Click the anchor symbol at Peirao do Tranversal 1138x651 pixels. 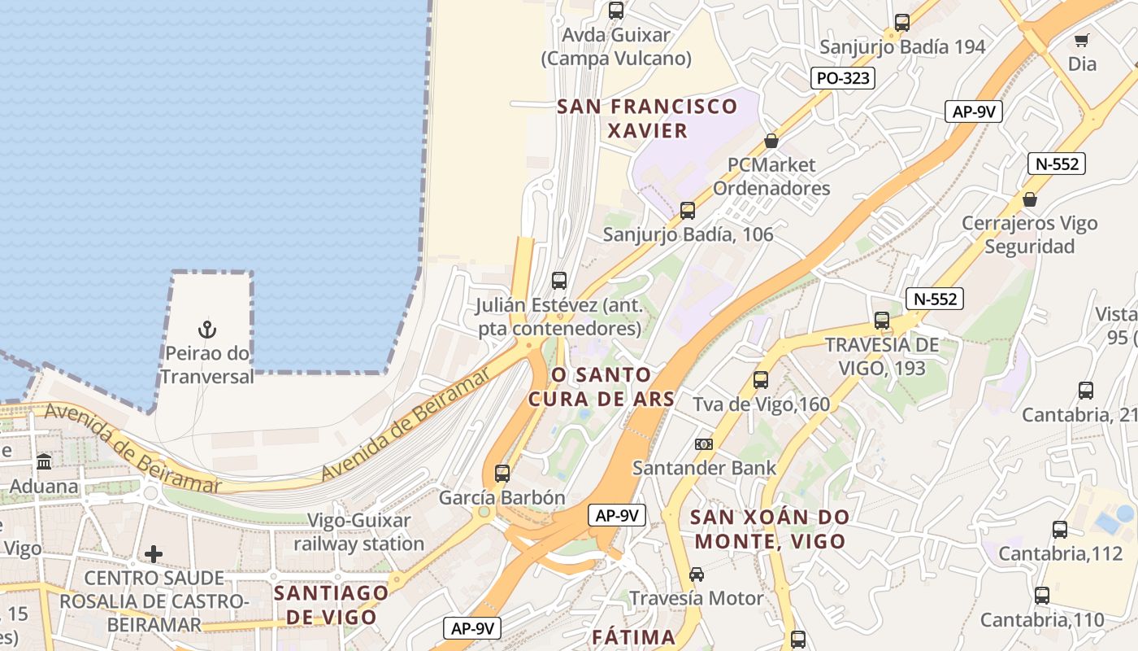207,330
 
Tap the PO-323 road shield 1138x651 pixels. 843,78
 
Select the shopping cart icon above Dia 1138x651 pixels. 1081,40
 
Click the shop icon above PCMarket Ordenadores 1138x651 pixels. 771,142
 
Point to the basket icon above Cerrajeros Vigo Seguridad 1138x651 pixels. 1029,199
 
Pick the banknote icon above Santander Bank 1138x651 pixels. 704,444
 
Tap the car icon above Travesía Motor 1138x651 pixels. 697,575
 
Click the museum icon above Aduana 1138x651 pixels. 44,462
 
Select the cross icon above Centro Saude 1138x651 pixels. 153,555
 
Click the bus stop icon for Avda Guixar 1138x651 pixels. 616,11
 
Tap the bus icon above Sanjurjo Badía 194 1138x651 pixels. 901,23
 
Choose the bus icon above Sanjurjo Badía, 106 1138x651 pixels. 688,211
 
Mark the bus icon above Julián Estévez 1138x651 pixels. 559,281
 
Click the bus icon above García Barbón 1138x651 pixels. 502,473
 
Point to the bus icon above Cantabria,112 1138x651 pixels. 1060,530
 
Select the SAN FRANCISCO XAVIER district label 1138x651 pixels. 647,118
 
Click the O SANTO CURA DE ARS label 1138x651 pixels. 602,387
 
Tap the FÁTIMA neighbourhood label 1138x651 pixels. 633,636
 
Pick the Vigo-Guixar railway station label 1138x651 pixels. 359,531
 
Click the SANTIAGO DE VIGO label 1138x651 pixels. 331,604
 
